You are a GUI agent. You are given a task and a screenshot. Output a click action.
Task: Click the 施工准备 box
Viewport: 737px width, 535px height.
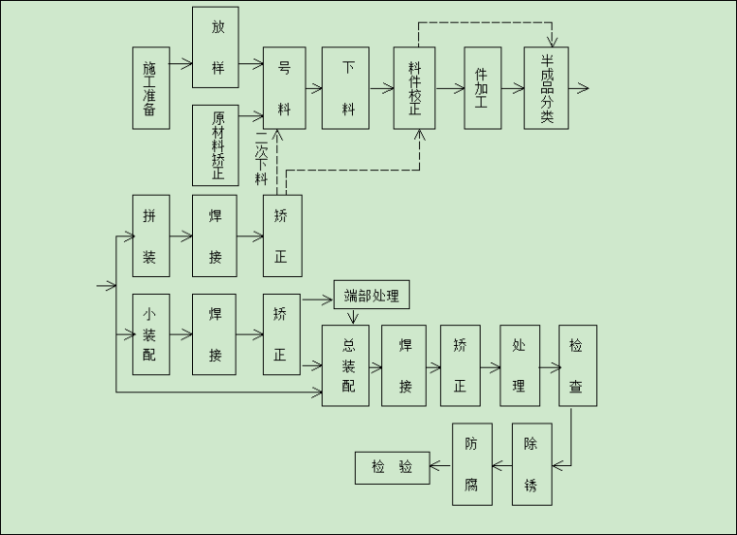coord(149,88)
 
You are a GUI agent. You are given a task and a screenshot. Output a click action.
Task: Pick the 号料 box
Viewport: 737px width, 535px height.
coord(284,88)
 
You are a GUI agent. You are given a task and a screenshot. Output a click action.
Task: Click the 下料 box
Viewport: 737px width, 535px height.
coord(346,88)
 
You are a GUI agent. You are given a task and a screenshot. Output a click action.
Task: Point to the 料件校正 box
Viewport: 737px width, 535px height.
coord(414,88)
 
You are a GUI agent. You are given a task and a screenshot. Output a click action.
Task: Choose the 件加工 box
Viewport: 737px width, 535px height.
coord(482,88)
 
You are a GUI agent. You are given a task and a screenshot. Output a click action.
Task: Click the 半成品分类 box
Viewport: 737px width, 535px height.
coord(546,88)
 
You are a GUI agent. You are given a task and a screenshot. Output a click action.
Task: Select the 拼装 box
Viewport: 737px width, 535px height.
coord(150,236)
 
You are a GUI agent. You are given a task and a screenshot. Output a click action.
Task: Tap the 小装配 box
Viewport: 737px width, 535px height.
coord(150,334)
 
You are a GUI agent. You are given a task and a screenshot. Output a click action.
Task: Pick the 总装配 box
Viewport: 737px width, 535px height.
coord(346,365)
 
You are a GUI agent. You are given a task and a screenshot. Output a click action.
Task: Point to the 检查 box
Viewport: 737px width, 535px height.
coord(577,365)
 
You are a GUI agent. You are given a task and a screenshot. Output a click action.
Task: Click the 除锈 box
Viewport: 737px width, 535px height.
coord(531,464)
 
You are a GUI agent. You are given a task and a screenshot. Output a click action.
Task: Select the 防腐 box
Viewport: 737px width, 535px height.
coord(471,464)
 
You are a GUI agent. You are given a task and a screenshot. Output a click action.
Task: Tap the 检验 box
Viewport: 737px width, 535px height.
coord(392,467)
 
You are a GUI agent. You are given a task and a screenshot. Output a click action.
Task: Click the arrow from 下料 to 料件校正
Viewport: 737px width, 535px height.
coord(381,88)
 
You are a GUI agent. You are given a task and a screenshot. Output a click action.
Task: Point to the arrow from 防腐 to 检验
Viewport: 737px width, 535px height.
coord(440,467)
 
